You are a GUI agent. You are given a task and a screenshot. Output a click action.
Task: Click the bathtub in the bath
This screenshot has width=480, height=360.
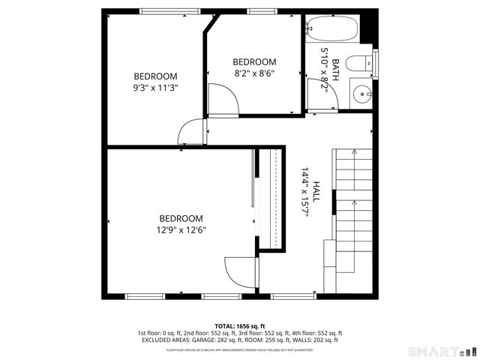[332, 29]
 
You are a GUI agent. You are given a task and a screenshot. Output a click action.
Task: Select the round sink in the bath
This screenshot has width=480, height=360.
[363, 94]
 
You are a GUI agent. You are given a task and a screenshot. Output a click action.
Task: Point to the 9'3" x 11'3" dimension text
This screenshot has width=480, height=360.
[155, 87]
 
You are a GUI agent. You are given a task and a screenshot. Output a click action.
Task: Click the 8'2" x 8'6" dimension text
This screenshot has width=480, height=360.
[253, 73]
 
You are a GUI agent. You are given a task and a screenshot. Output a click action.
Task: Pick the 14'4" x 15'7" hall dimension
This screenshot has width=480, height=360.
[306, 193]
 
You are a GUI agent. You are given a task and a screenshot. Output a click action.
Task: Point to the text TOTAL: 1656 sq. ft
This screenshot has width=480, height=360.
[240, 325]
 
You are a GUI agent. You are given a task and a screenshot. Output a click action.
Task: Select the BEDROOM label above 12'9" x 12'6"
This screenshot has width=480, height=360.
[181, 218]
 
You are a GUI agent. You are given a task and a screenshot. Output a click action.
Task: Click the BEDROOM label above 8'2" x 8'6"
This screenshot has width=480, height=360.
[254, 62]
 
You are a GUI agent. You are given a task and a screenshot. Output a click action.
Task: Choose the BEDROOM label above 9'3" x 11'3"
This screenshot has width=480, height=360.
[155, 76]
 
